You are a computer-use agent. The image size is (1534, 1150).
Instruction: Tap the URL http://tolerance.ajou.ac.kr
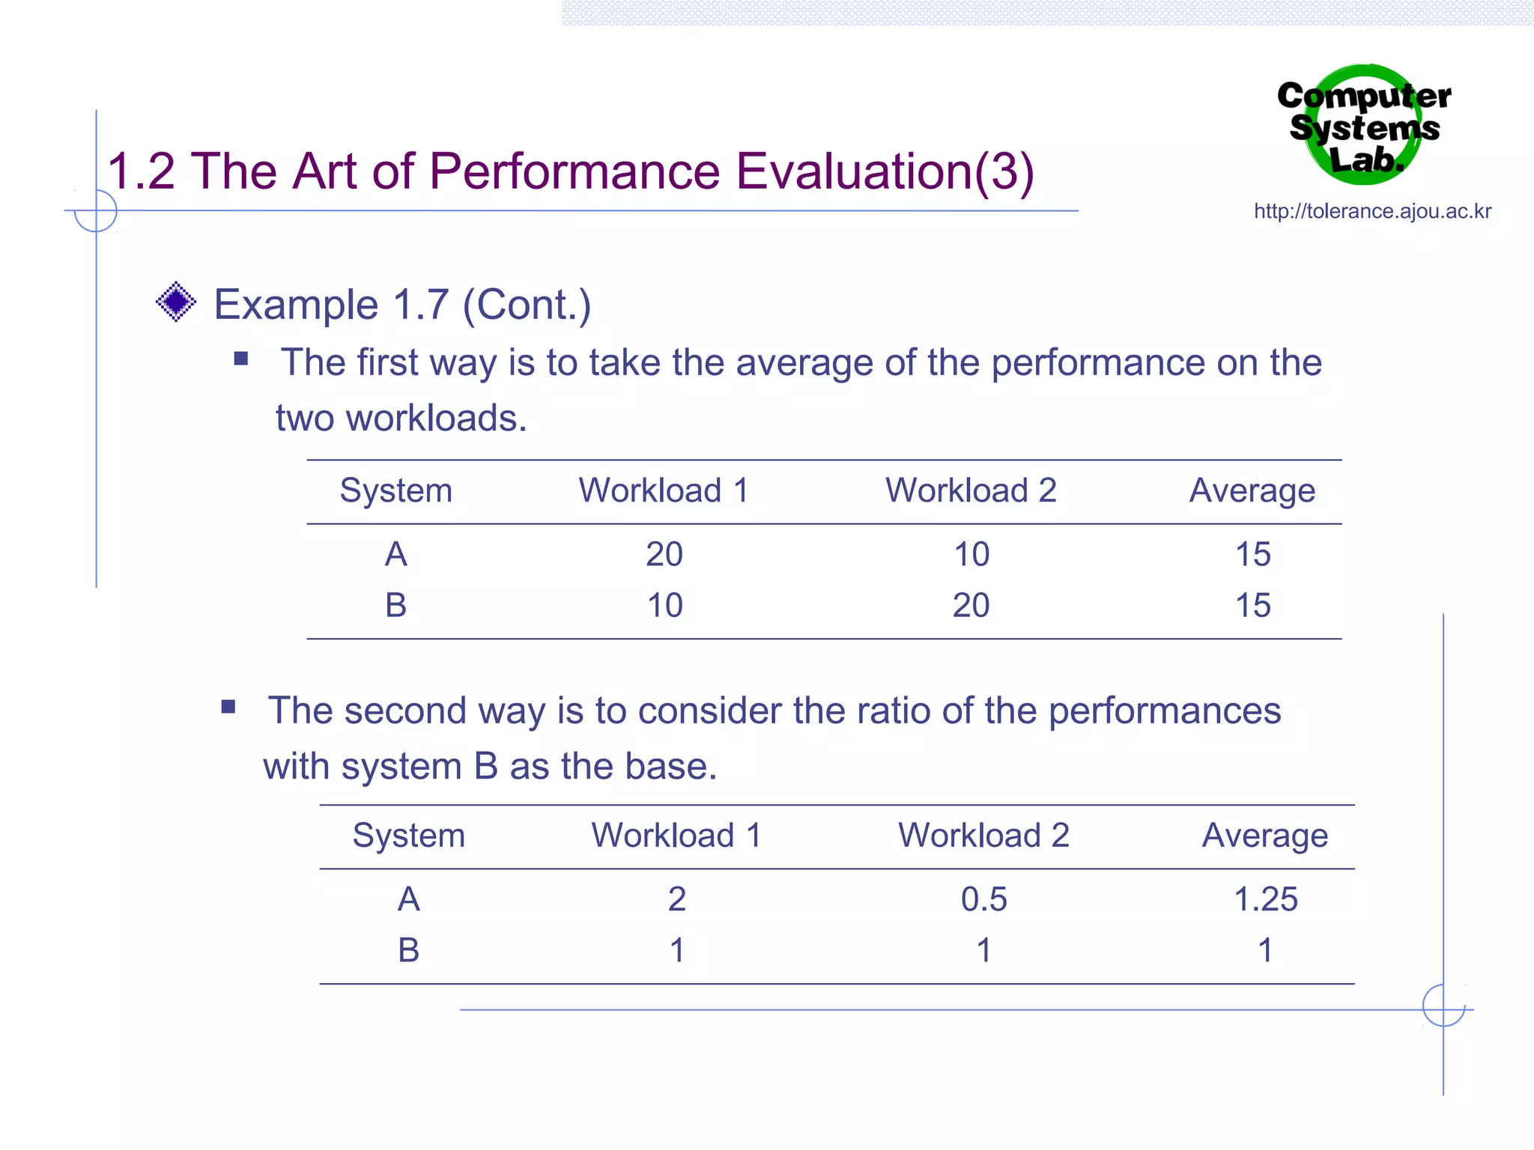(1372, 211)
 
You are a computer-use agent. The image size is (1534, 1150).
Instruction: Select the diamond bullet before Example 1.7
(176, 302)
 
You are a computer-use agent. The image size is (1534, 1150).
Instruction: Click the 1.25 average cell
(1265, 899)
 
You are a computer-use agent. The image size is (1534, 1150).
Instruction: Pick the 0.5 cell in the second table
(983, 899)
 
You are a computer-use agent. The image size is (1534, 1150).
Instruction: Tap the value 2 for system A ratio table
(676, 899)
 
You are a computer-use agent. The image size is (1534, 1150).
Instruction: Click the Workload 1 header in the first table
(664, 491)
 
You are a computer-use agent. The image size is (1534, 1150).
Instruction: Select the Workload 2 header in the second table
(983, 836)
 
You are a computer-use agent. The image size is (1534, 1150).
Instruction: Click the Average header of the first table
(1252, 491)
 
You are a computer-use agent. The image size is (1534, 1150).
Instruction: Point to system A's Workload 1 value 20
(664, 555)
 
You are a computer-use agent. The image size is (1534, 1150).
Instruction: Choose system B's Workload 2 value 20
(971, 606)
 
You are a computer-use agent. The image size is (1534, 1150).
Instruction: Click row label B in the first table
(395, 606)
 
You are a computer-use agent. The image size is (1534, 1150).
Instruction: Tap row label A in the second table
(408, 899)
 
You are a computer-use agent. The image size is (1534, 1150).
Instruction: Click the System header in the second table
(408, 836)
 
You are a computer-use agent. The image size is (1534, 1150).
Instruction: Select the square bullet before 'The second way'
(228, 706)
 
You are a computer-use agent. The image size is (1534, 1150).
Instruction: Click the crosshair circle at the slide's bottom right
(1443, 1006)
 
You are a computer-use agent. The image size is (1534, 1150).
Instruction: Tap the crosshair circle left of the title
(96, 210)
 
